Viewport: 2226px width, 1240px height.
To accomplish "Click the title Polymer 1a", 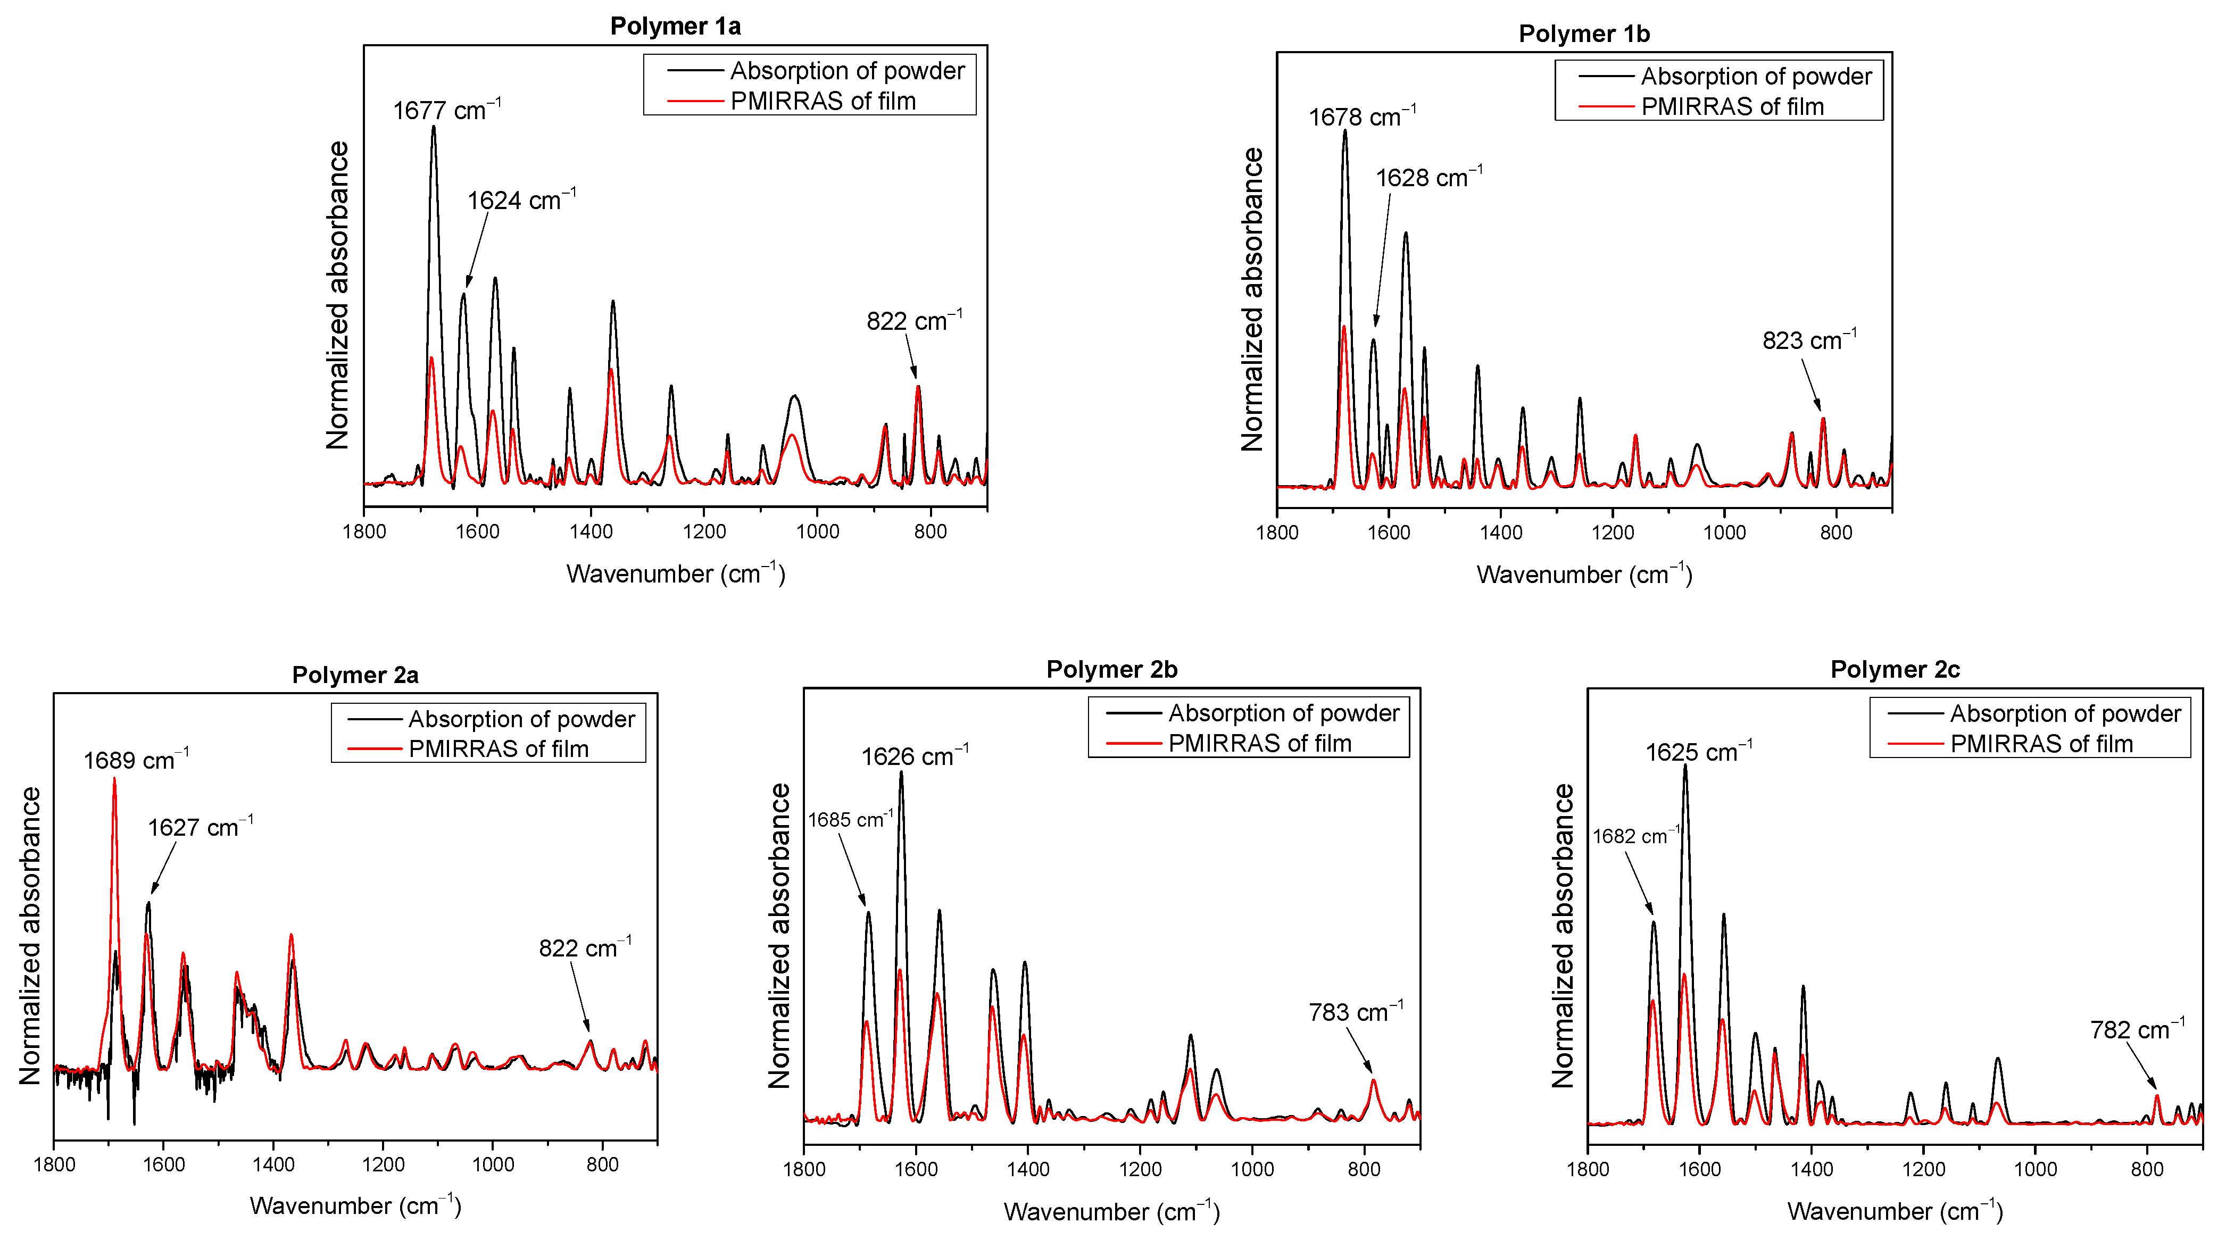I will [x=675, y=26].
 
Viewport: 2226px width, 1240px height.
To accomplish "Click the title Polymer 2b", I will [x=1111, y=670].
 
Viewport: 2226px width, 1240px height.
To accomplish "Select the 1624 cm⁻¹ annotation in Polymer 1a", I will [x=521, y=201].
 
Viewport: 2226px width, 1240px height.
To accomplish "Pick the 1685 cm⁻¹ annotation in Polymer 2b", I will [x=850, y=819].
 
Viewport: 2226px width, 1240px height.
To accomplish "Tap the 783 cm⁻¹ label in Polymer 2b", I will [x=1355, y=1012].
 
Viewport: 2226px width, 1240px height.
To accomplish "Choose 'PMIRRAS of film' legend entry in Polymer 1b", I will [x=1732, y=106].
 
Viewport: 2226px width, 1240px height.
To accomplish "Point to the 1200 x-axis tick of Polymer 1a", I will [x=704, y=531].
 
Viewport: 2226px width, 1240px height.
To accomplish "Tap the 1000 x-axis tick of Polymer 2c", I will [x=2035, y=1169].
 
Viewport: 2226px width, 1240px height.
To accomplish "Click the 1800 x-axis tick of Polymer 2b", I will [x=804, y=1169].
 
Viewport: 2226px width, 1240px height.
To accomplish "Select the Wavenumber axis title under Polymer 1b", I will [x=1584, y=575].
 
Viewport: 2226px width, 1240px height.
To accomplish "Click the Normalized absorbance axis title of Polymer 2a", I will [x=31, y=935].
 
